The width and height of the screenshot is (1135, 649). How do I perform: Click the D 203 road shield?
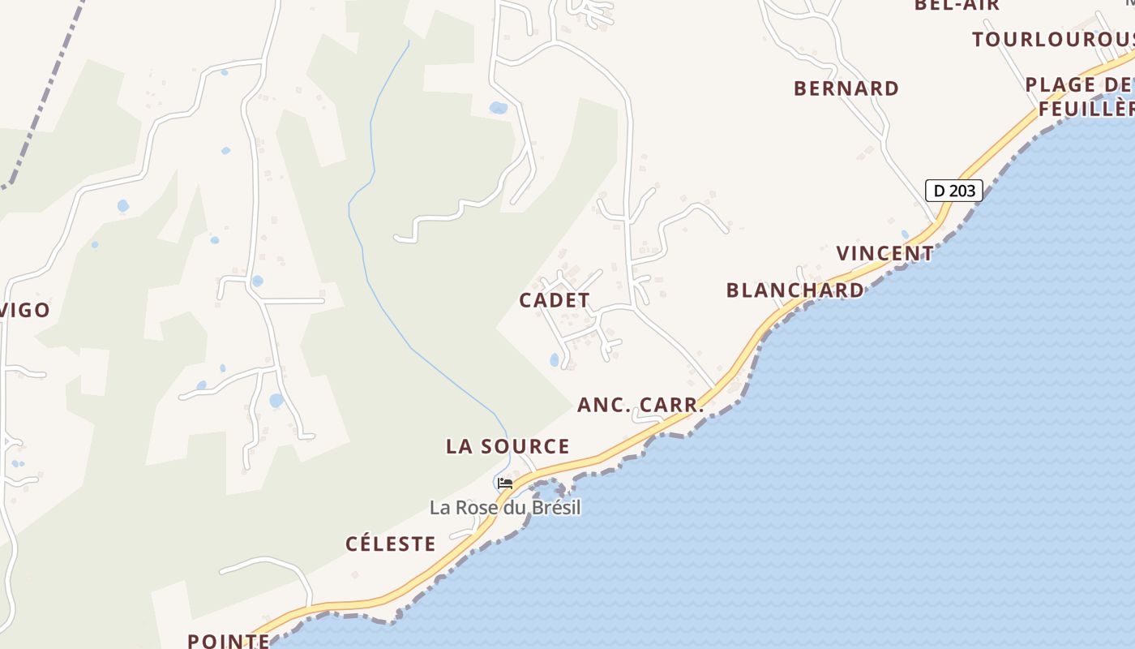(x=954, y=191)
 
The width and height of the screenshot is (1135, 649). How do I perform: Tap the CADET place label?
(x=555, y=300)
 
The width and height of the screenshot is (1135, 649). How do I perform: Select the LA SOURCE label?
(x=508, y=446)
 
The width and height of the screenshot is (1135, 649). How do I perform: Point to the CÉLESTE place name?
(x=391, y=544)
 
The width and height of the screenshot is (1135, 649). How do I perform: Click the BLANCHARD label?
(x=794, y=290)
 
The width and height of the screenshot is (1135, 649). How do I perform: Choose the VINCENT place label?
(x=885, y=253)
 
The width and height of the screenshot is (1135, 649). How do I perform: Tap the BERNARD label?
(x=846, y=88)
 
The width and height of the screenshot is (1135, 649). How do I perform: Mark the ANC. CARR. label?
(x=640, y=405)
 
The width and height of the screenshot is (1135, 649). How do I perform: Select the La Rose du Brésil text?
(x=505, y=508)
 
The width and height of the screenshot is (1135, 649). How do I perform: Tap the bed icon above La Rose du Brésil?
(x=505, y=484)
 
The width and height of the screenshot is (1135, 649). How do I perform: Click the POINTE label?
(x=229, y=641)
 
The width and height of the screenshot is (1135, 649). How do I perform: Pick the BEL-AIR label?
(x=957, y=5)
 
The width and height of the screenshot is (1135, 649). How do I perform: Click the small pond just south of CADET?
(x=555, y=359)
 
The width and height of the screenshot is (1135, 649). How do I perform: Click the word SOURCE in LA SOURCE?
(x=525, y=446)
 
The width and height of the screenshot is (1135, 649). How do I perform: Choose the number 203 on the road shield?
(x=963, y=191)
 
